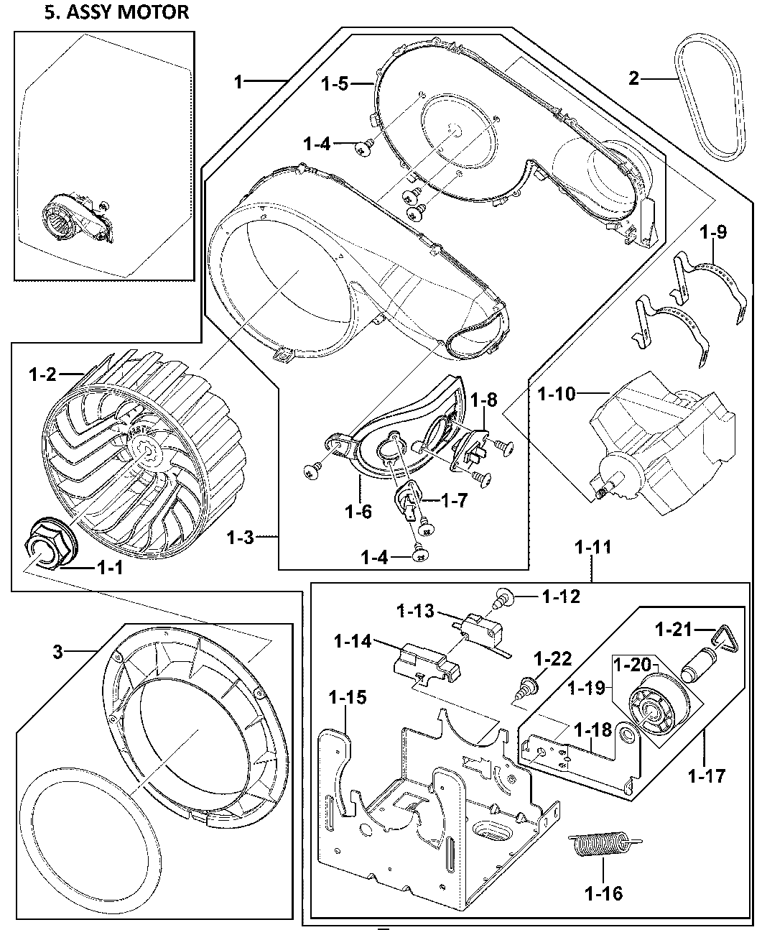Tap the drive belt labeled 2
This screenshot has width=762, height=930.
tap(711, 101)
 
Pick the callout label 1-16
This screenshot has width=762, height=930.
tap(603, 893)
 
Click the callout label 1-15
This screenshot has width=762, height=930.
tap(348, 696)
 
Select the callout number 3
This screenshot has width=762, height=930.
tap(58, 652)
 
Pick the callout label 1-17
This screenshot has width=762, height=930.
tap(706, 776)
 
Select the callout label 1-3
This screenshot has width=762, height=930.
tap(240, 537)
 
